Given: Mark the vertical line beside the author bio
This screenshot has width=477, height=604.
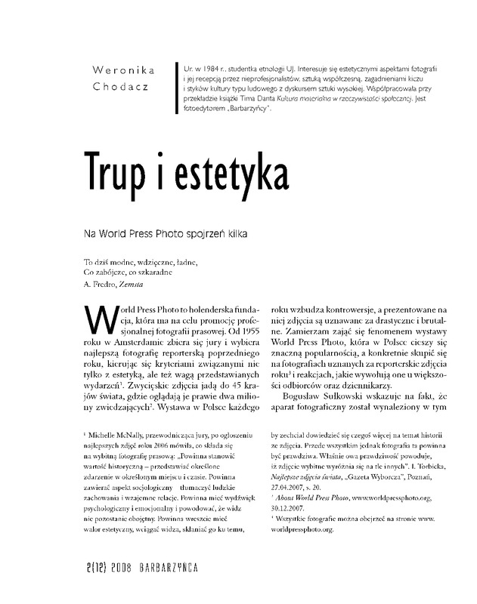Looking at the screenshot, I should (x=175, y=89).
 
